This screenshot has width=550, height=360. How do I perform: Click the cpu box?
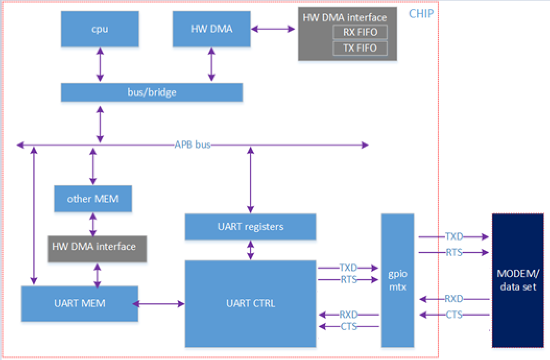click(x=100, y=29)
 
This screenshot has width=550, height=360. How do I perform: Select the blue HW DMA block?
click(x=211, y=29)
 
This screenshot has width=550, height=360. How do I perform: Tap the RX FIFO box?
click(x=361, y=32)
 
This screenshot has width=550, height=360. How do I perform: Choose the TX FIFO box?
click(x=361, y=49)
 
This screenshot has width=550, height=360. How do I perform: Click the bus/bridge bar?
click(x=152, y=92)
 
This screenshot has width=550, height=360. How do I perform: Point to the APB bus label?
click(x=193, y=145)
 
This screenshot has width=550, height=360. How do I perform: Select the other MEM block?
click(x=93, y=199)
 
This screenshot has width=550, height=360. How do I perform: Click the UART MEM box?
click(x=79, y=304)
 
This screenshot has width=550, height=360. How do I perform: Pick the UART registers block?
click(x=250, y=226)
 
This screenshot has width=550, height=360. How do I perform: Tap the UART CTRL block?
click(x=250, y=303)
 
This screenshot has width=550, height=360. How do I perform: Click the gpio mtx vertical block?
click(x=398, y=280)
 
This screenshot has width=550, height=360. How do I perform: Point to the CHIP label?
click(x=421, y=14)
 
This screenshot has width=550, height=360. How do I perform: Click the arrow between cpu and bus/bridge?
click(x=99, y=65)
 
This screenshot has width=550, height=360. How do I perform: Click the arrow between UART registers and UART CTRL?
click(x=251, y=250)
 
